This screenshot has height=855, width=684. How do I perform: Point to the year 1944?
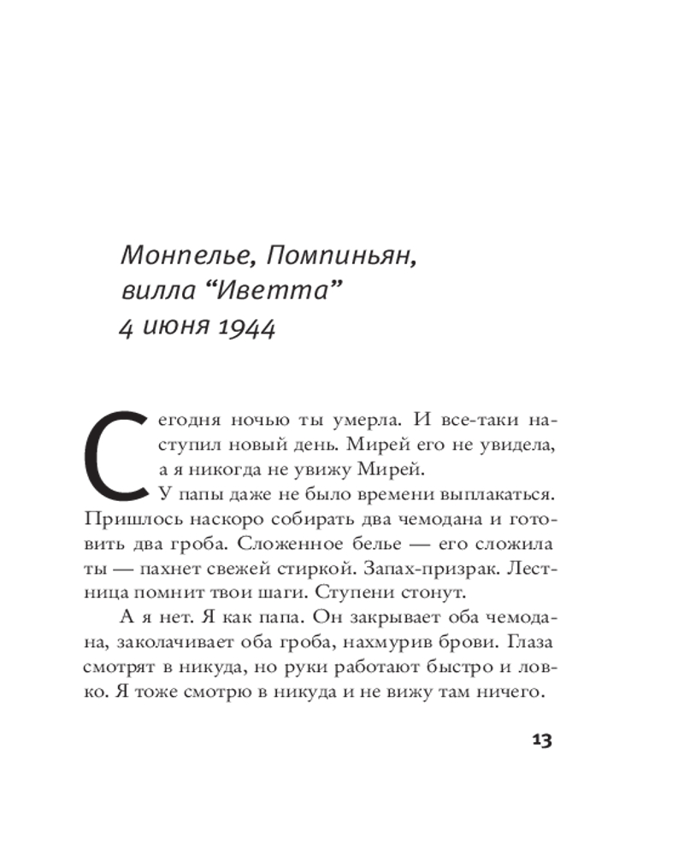239,329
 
